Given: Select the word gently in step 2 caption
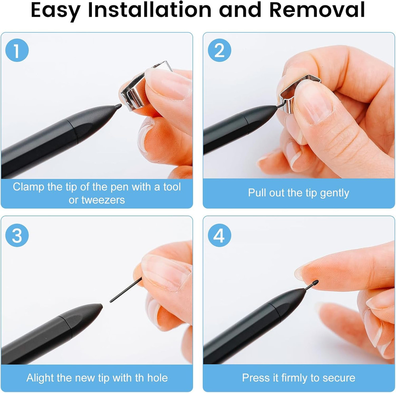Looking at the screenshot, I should pos(334,193).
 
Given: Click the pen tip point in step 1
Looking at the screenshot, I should pos(118,106).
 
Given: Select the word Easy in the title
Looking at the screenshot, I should pos(55,11).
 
